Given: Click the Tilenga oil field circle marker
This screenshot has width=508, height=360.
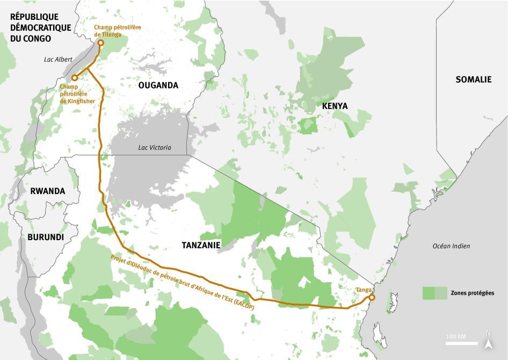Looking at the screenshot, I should (x=100, y=42).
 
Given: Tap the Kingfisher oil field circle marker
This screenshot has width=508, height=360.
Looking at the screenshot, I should (x=75, y=78).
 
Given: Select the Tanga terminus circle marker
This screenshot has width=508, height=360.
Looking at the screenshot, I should (x=372, y=297).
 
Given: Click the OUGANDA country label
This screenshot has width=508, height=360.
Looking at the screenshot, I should (x=158, y=85).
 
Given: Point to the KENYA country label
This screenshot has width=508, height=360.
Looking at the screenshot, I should (x=335, y=106).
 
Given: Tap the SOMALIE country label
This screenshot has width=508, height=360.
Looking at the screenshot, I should (x=473, y=79).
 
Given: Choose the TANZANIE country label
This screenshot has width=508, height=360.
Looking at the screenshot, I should (x=201, y=245).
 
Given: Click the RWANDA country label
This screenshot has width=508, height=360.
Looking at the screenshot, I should (x=47, y=191).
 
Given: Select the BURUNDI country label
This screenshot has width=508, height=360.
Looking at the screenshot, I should (x=46, y=237).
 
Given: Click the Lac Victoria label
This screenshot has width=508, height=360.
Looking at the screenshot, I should (x=155, y=147).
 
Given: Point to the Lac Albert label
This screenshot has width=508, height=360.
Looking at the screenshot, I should (x=58, y=60).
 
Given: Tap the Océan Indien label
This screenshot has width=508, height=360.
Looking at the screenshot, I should (x=451, y=246).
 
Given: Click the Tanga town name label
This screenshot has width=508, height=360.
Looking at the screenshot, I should (x=362, y=290).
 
